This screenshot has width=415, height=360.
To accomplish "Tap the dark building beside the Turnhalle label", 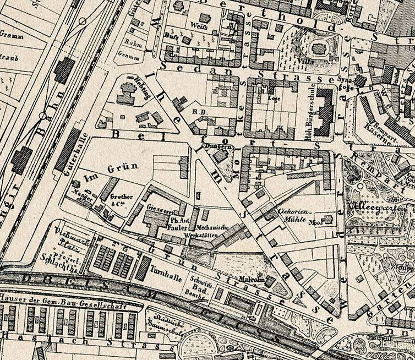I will (143, 268).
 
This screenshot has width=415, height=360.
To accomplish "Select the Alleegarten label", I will (367, 209).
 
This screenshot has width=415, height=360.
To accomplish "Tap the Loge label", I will (272, 99).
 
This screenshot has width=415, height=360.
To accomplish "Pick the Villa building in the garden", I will (319, 48).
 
